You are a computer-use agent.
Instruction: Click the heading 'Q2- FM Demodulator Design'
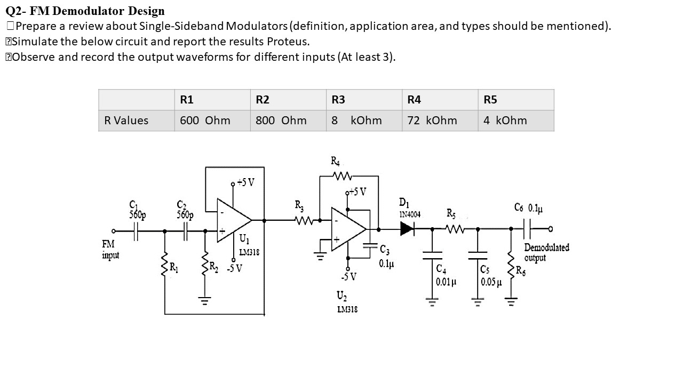coord(85,11)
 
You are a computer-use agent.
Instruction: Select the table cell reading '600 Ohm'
coord(205,121)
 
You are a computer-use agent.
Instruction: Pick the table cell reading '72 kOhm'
coord(432,121)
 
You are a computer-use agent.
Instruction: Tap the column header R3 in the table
coord(338,100)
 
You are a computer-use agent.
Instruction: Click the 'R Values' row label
coord(126,121)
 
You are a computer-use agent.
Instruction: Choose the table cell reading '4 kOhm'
coord(505,121)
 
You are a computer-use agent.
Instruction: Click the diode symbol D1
coord(407,229)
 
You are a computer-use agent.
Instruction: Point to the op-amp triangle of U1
coord(233,219)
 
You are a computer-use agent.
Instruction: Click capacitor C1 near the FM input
coord(136,231)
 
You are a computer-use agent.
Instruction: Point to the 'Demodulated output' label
coord(546,252)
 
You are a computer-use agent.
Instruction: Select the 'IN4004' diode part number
coord(410,214)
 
